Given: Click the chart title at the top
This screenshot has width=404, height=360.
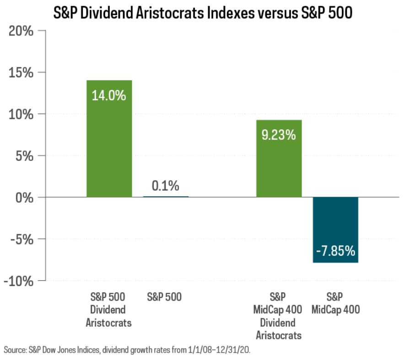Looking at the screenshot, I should [202, 12].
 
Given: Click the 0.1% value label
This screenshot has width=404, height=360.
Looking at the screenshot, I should [165, 186].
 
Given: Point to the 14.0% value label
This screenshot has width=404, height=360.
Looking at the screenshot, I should [109, 97].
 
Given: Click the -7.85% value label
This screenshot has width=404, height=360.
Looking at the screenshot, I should [335, 252].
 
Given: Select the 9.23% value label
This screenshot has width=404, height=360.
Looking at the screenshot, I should [279, 135].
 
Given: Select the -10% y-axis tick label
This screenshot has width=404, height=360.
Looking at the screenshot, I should [19, 281].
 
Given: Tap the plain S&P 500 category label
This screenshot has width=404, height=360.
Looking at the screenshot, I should [164, 297].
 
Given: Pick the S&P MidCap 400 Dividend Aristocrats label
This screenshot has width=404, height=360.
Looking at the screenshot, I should [278, 316].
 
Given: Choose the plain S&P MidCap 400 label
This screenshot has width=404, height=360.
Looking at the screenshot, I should [335, 303].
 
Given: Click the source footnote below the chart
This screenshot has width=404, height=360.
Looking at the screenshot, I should [133, 350].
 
